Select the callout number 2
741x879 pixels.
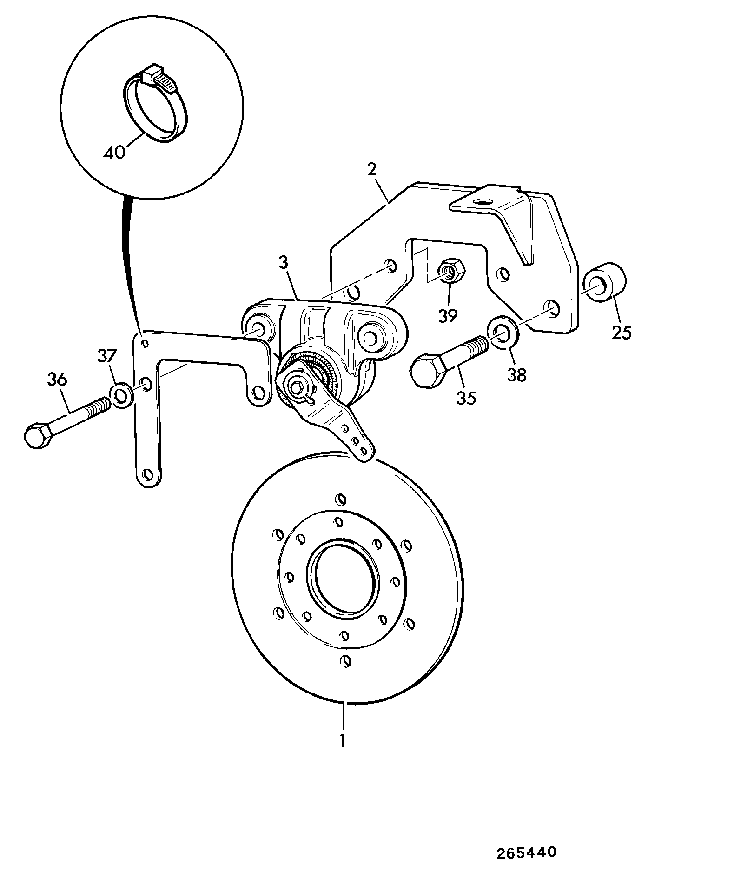[x=372, y=169]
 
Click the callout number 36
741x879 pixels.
[x=57, y=380]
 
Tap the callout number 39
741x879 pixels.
[x=448, y=315]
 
